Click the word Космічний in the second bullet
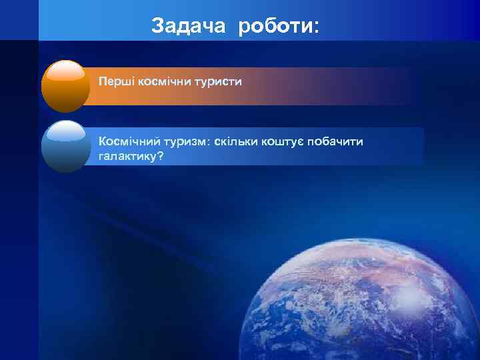pos(127,141)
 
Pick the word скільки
pos(237,141)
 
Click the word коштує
pos(286,142)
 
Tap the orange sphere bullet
pos(65,87)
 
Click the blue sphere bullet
pos(65,147)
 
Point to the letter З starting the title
pos(157,26)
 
